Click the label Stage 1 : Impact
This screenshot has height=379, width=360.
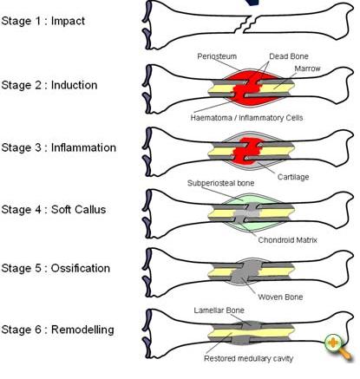point(43,20)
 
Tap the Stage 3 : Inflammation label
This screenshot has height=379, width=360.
point(59,147)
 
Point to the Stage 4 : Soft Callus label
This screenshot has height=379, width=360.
point(56,207)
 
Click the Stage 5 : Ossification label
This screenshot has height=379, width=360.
point(55,268)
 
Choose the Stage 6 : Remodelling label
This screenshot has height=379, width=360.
point(57,330)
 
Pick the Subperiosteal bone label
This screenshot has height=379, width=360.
point(220,185)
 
